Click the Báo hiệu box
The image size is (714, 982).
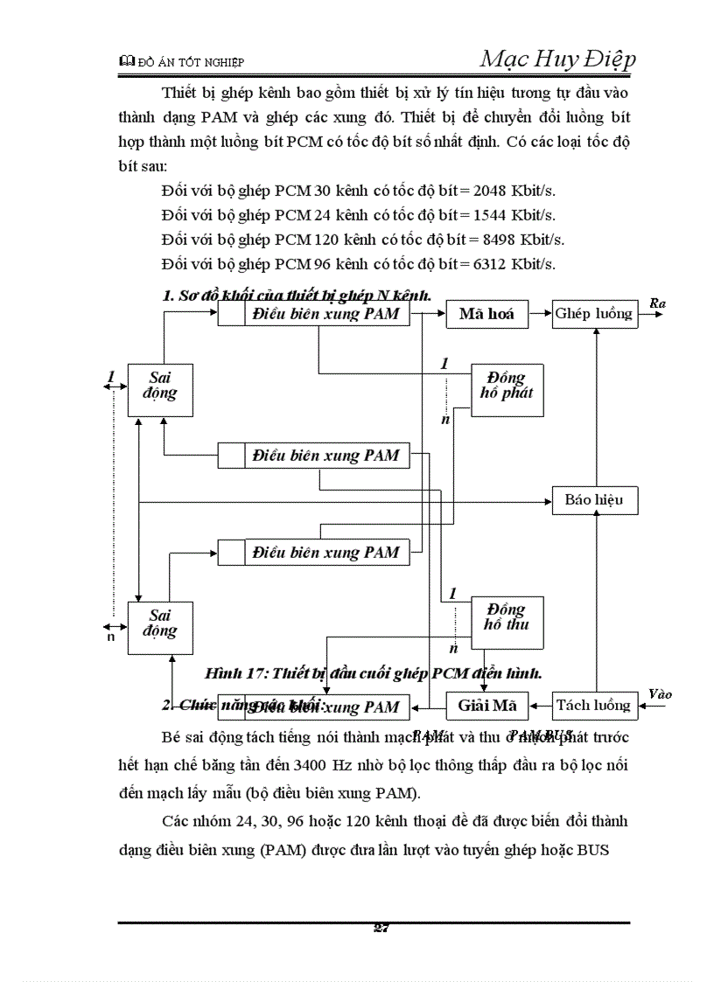click(x=594, y=500)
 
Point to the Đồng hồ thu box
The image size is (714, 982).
click(x=507, y=618)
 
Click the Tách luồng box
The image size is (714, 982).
click(x=594, y=706)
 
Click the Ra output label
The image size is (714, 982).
click(x=658, y=303)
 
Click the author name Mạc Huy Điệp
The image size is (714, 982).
click(x=557, y=59)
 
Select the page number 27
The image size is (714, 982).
click(x=381, y=929)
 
